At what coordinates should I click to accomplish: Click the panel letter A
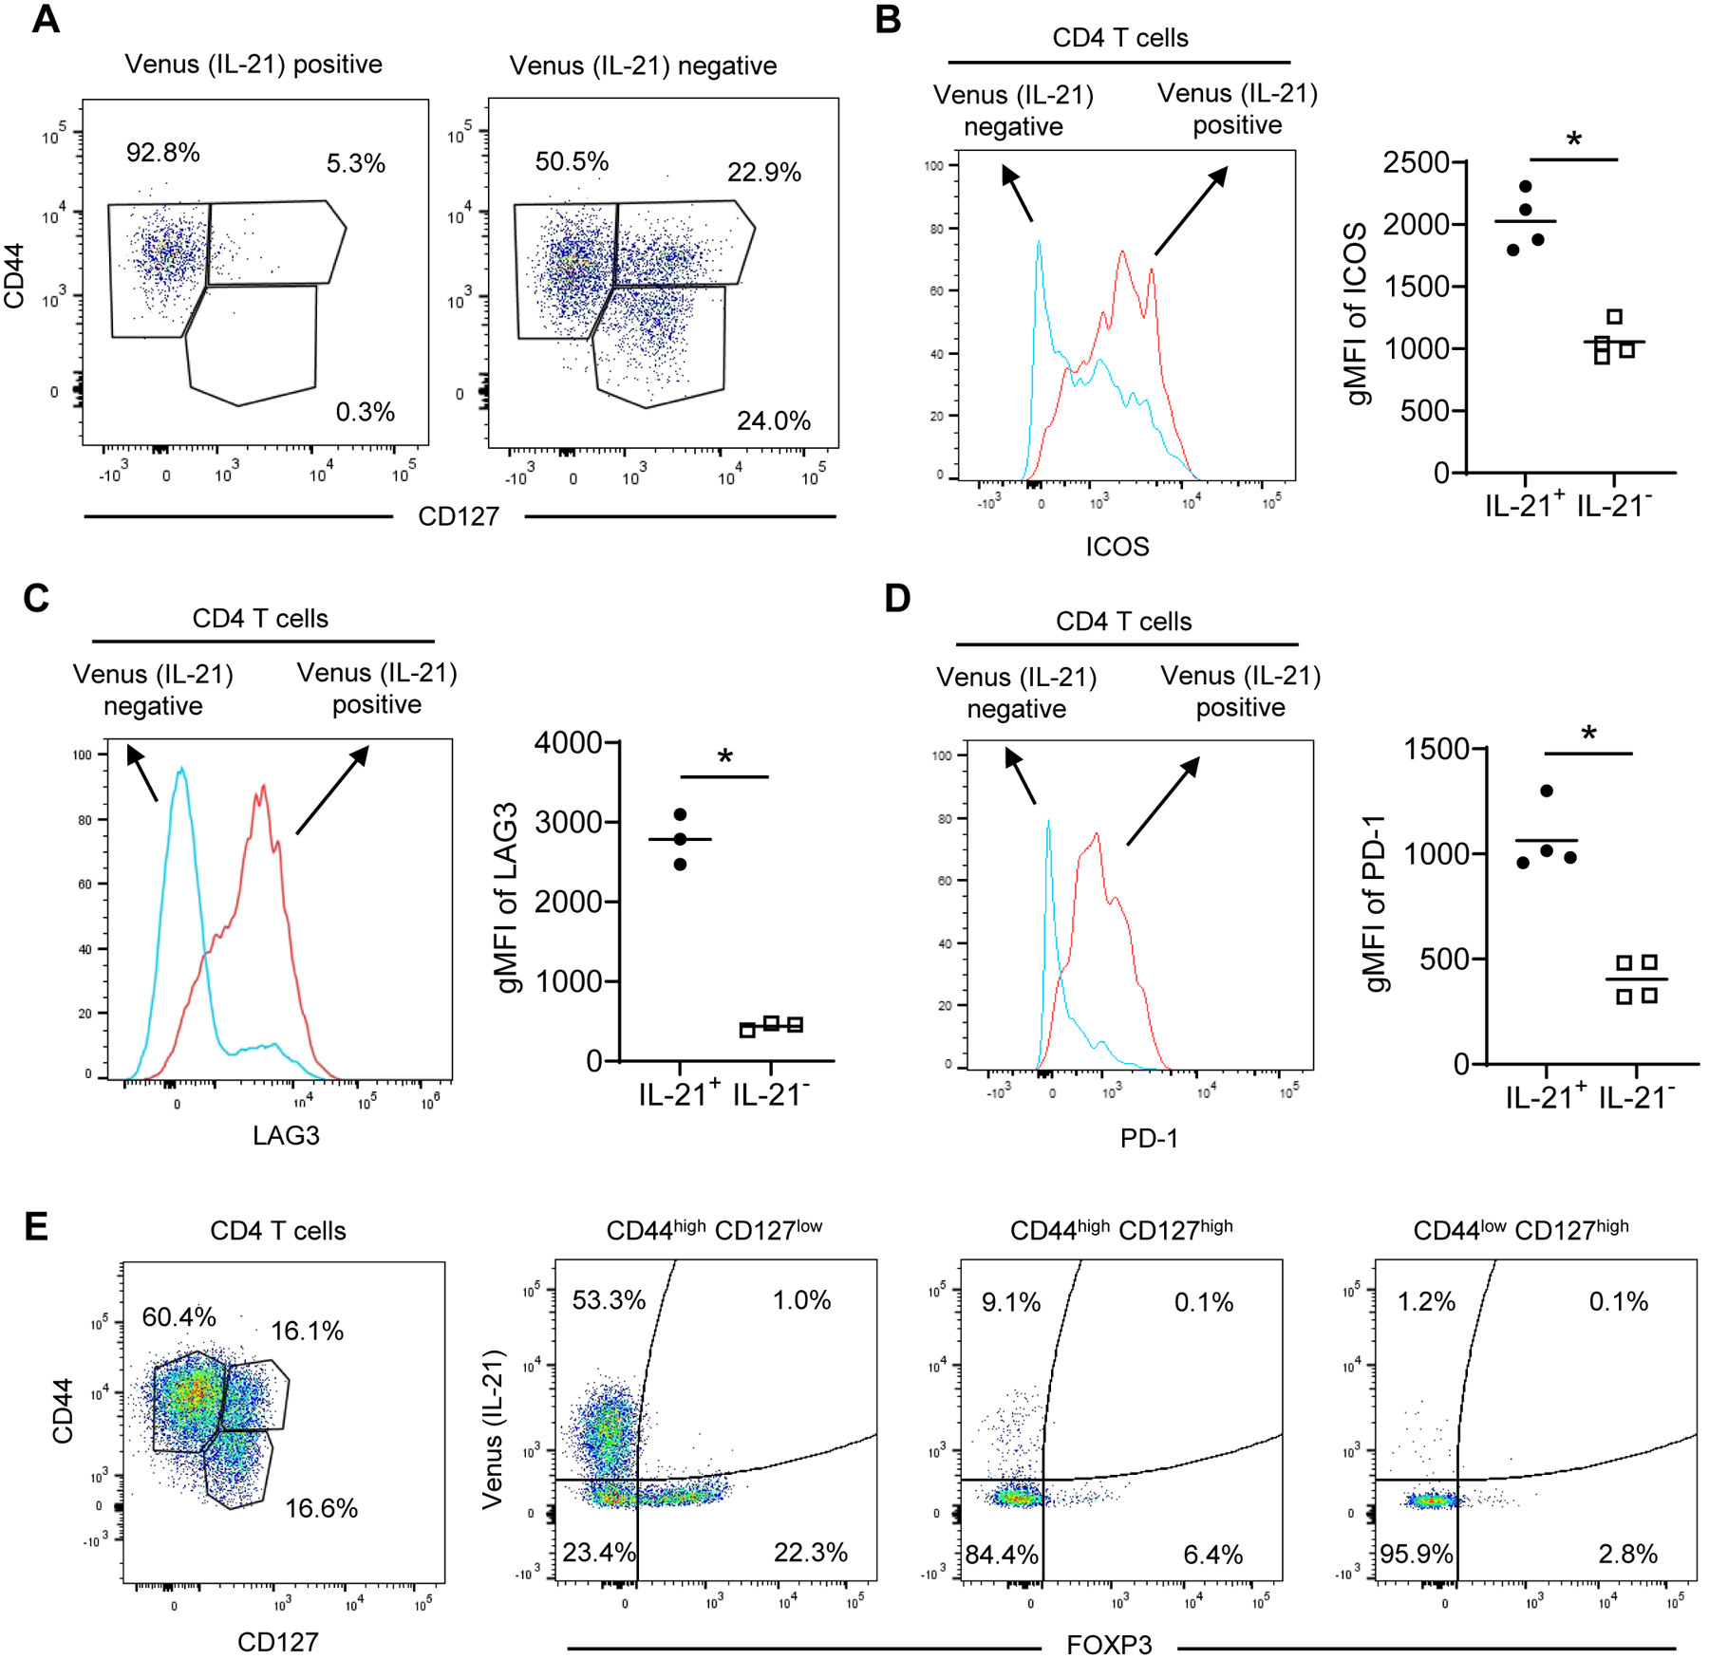(x=45, y=19)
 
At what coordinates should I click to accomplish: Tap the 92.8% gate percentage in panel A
(x=162, y=152)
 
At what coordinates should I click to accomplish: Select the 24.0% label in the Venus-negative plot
(x=773, y=420)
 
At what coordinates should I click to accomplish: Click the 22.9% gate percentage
(x=763, y=172)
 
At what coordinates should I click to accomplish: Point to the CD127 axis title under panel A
(x=458, y=516)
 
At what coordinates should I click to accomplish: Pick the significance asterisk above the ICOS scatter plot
(x=1573, y=140)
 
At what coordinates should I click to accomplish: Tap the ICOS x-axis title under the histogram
(x=1117, y=547)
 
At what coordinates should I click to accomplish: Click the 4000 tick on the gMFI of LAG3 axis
(x=568, y=742)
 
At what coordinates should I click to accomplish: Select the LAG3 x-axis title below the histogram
(x=285, y=1135)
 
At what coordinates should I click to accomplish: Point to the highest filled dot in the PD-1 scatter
(x=1547, y=791)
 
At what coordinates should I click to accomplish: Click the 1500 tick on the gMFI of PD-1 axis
(x=1437, y=749)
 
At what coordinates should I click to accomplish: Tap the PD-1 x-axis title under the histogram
(x=1148, y=1138)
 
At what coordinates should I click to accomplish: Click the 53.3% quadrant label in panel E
(x=608, y=1299)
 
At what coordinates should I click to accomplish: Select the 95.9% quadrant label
(x=1416, y=1554)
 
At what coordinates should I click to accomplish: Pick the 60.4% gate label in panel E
(x=178, y=1316)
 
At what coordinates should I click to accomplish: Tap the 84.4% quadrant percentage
(x=1002, y=1555)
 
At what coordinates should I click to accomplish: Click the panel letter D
(x=896, y=599)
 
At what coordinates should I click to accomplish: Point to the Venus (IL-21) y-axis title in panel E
(x=492, y=1429)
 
